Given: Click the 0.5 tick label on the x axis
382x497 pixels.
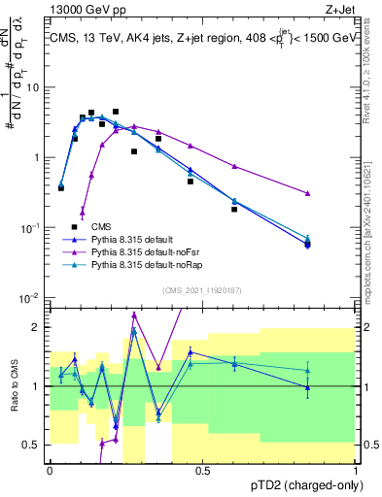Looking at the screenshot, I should [x=203, y=471].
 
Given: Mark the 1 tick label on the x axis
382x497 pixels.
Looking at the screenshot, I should [x=356, y=471].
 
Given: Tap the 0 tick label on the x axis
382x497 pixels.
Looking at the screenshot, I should [x=50, y=471].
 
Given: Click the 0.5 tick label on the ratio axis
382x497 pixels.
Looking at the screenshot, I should [x=34, y=445].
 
